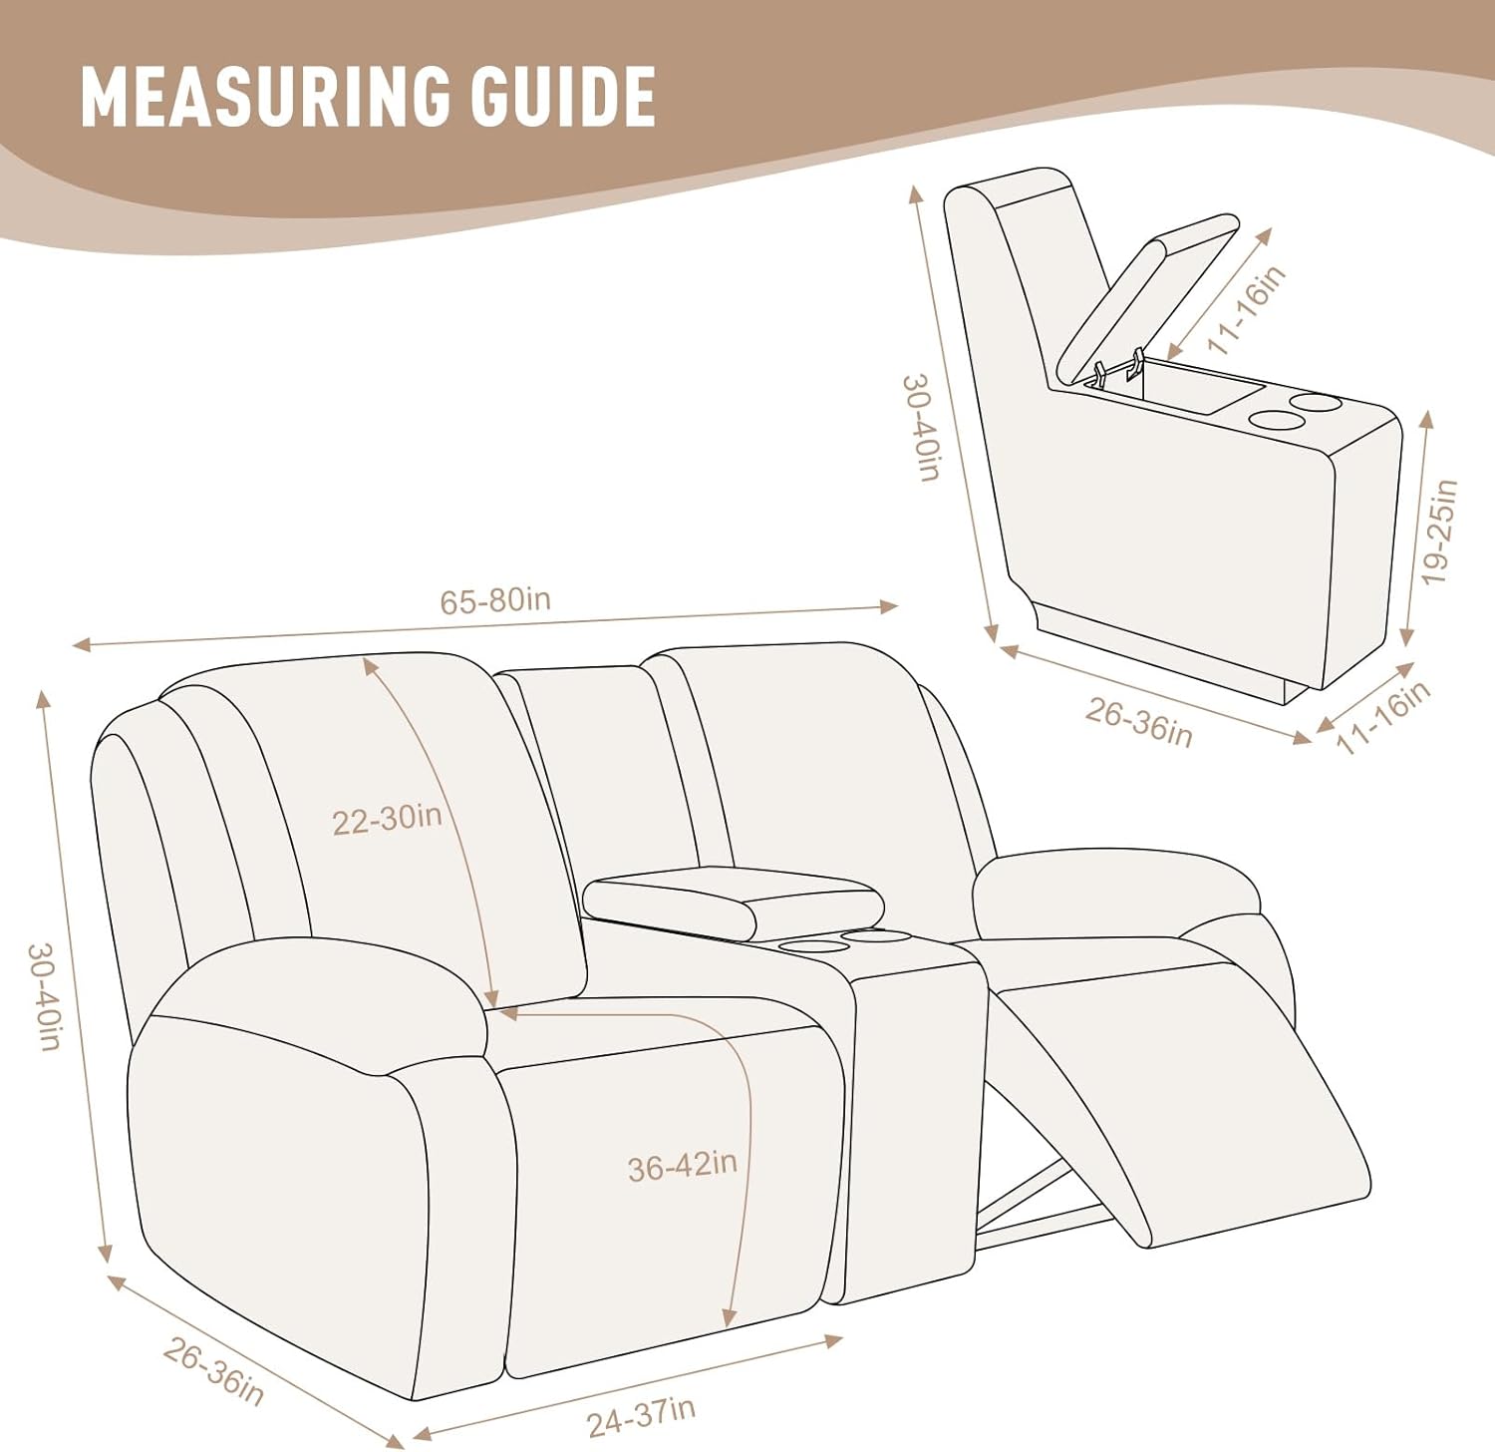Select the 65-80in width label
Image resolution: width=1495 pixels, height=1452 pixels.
pos(495,600)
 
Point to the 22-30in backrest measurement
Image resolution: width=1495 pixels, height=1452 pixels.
pos(387,819)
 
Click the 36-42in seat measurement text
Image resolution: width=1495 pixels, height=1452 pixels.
pos(683,1165)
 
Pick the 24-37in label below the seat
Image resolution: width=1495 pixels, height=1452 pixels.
pos(641,1417)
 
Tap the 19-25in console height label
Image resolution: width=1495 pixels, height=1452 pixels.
pos(1440,532)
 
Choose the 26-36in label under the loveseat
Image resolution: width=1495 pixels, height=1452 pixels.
pos(213,1372)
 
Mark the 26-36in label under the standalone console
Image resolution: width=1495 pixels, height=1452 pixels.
pos(1138,721)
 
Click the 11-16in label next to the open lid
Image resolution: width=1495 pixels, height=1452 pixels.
pos(1247,309)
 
